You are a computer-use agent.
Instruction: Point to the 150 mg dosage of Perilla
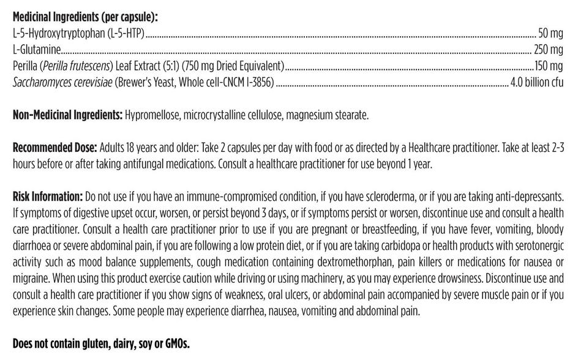549,66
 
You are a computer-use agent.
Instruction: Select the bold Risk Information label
47,197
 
